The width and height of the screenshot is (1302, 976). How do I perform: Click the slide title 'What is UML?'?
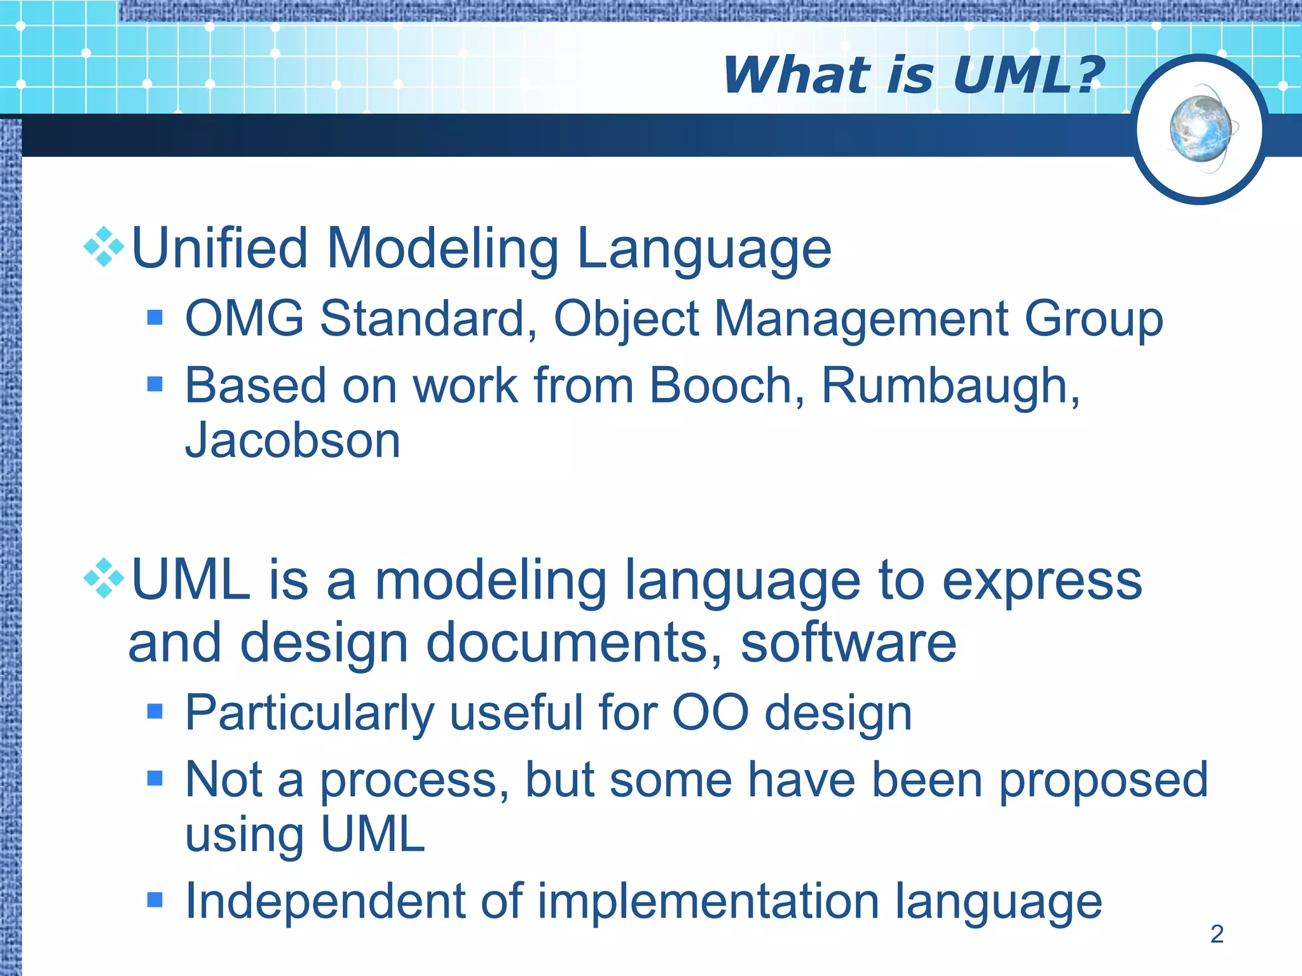pos(913,75)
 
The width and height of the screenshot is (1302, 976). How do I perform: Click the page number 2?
pos(1217,933)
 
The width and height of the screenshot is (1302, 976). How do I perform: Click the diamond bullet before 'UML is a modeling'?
pos(104,579)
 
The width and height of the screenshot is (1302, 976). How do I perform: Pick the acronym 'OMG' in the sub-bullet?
pos(244,318)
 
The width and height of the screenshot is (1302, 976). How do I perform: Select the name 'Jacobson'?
pos(292,440)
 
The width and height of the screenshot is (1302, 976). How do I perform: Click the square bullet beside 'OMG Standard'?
pos(154,317)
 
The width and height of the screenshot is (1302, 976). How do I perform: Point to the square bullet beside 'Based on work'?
pos(154,384)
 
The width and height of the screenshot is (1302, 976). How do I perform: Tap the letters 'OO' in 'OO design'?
pos(711,713)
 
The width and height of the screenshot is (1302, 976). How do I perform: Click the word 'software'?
pos(848,643)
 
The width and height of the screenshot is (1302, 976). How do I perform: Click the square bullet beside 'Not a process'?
pos(154,778)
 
